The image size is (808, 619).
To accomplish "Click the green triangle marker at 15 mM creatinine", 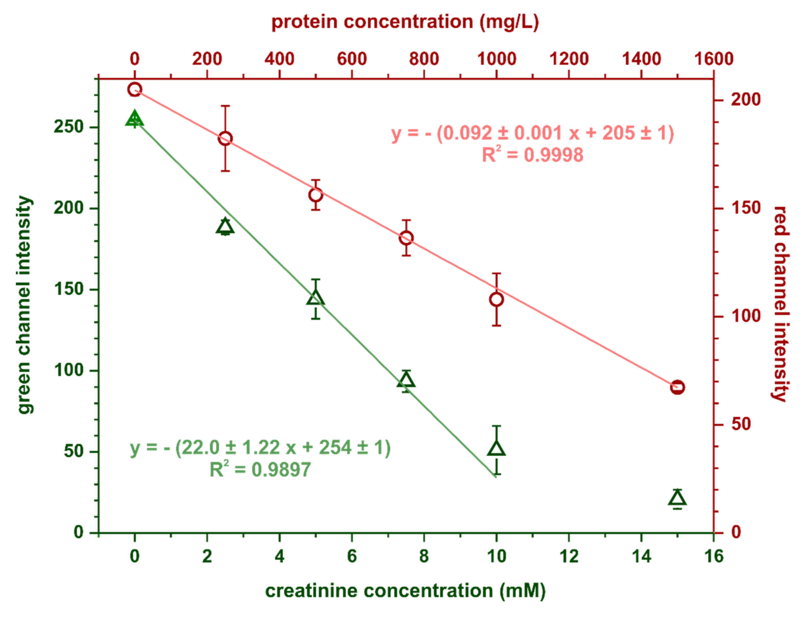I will tap(678, 498).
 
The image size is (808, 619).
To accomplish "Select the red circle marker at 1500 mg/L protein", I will tap(678, 387).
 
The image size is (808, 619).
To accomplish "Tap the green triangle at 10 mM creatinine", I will tap(497, 448).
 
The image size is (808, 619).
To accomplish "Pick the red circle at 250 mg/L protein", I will tap(225, 139).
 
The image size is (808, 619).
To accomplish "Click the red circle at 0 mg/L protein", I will tap(135, 89).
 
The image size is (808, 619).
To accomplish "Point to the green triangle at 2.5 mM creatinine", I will tap(225, 226).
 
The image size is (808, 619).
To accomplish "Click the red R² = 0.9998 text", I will tap(533, 155).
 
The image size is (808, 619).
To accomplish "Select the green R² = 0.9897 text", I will tap(260, 470).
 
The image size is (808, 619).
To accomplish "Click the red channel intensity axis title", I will tap(781, 304).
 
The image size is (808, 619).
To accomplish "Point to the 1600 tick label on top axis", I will tap(714, 59).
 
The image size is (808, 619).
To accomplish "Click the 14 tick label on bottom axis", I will tap(641, 556).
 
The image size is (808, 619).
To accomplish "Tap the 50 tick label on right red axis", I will tap(741, 424).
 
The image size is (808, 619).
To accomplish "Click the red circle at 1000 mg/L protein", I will tap(497, 300).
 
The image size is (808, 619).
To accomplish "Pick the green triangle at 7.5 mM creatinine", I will tap(406, 380).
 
